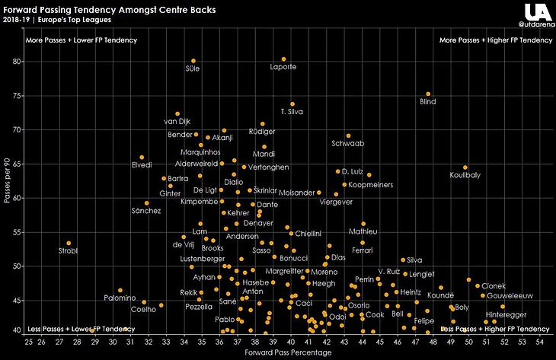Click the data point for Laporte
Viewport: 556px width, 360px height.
pyautogui.click(x=283, y=59)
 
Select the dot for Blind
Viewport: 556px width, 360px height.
pyautogui.click(x=428, y=94)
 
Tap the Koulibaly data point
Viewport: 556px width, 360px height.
pyautogui.click(x=465, y=167)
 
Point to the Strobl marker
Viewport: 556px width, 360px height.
pyautogui.click(x=69, y=244)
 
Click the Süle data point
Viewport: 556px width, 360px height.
pyautogui.click(x=193, y=61)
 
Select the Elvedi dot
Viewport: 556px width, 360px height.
pyautogui.click(x=142, y=158)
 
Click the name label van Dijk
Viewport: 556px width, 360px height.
pyautogui.click(x=177, y=122)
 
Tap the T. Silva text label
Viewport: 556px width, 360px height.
pyautogui.click(x=292, y=112)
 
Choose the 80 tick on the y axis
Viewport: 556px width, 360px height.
pyautogui.click(x=16, y=61)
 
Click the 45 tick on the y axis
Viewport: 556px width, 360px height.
pyautogui.click(x=16, y=301)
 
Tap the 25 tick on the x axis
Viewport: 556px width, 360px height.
pyautogui.click(x=29, y=342)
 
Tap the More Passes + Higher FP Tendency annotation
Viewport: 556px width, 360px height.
pyautogui.click(x=496, y=40)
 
